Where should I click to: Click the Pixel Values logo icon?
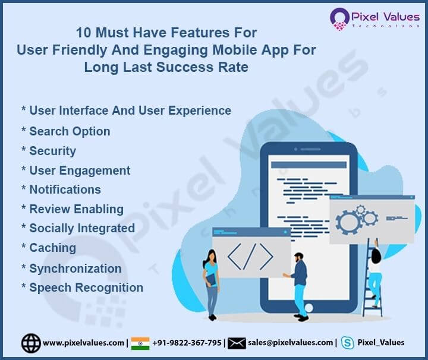(339, 19)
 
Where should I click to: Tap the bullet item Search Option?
(69, 131)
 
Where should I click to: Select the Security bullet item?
(52, 151)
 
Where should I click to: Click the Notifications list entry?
(65, 190)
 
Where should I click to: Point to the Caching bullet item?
(52, 248)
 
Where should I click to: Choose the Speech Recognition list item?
(86, 288)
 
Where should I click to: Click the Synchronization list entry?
(75, 268)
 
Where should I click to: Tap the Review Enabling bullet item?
(76, 209)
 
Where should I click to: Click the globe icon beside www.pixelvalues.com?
(31, 343)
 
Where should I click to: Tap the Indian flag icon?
(140, 343)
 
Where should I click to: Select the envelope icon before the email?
(237, 343)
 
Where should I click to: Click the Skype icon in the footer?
(348, 343)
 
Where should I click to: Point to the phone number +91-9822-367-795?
(187, 343)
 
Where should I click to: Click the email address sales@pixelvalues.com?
(291, 343)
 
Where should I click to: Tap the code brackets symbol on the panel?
(250, 256)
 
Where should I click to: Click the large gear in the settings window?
(348, 222)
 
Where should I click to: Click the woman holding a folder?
(211, 282)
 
